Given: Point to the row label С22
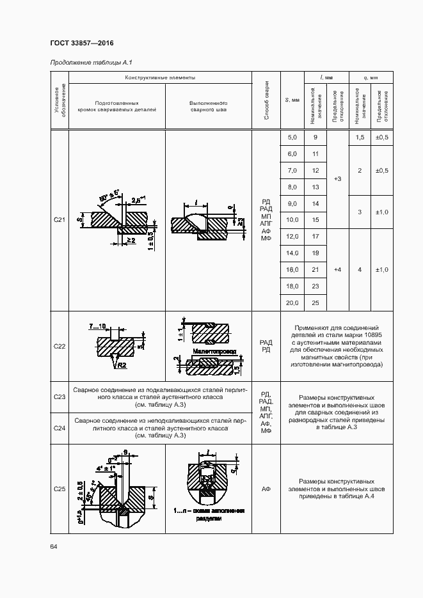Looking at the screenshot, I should pos(60,346).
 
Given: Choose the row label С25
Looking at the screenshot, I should pos(60,489).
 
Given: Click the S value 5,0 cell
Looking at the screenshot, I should pos(292,138).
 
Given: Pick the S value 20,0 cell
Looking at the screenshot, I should pos(292,303).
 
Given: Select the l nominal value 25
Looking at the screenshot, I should pos(315,303).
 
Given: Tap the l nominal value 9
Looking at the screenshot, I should pos(315,138).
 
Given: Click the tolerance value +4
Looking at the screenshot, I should pos(337,270).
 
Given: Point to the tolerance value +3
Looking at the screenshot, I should pos(337,179).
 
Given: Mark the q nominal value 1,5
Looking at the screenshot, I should pos(360,138).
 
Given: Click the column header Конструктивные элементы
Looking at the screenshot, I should pos(160,77).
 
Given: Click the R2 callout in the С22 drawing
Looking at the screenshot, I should pos(121,365).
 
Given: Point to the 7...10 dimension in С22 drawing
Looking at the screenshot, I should pos(101,326).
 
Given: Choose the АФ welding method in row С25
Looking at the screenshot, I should pos(266,489).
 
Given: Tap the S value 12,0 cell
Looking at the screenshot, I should pos(292,237).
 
